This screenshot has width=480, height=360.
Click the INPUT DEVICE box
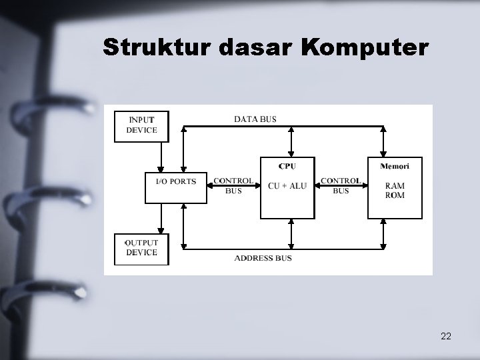pos(141,125)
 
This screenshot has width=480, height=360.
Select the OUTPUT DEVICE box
pos(141,248)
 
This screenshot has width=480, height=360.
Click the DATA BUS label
pos(255,119)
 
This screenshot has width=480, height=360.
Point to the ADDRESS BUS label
pos(263,258)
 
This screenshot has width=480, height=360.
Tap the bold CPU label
pos(287,166)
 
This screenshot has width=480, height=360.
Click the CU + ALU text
pos(287,186)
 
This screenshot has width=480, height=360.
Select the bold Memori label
pos(395,166)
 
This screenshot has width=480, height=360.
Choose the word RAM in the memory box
pos(395,186)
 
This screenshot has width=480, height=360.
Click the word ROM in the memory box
pos(395,195)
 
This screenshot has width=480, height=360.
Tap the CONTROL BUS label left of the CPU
pos(233,185)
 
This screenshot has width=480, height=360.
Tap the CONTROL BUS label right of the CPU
pos(341,185)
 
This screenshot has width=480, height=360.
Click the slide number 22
pos(446,336)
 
